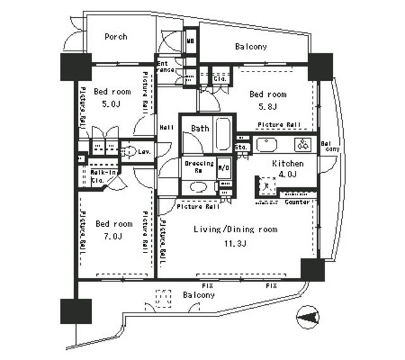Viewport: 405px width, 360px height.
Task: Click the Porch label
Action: (x=116, y=37)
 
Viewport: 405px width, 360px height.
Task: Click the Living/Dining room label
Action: (x=235, y=229)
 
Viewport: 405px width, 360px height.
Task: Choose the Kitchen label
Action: (x=287, y=163)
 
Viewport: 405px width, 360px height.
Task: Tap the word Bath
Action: (x=200, y=128)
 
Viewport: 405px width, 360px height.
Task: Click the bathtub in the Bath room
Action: (x=223, y=133)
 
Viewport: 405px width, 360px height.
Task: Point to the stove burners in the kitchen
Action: (x=304, y=144)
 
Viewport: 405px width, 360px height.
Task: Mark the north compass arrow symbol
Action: (x=308, y=316)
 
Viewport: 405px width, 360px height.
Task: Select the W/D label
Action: (x=223, y=168)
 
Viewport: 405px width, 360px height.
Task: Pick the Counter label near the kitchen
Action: (x=297, y=202)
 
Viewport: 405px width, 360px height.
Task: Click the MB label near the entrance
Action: (x=190, y=42)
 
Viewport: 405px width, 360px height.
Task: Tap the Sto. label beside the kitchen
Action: (x=240, y=147)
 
